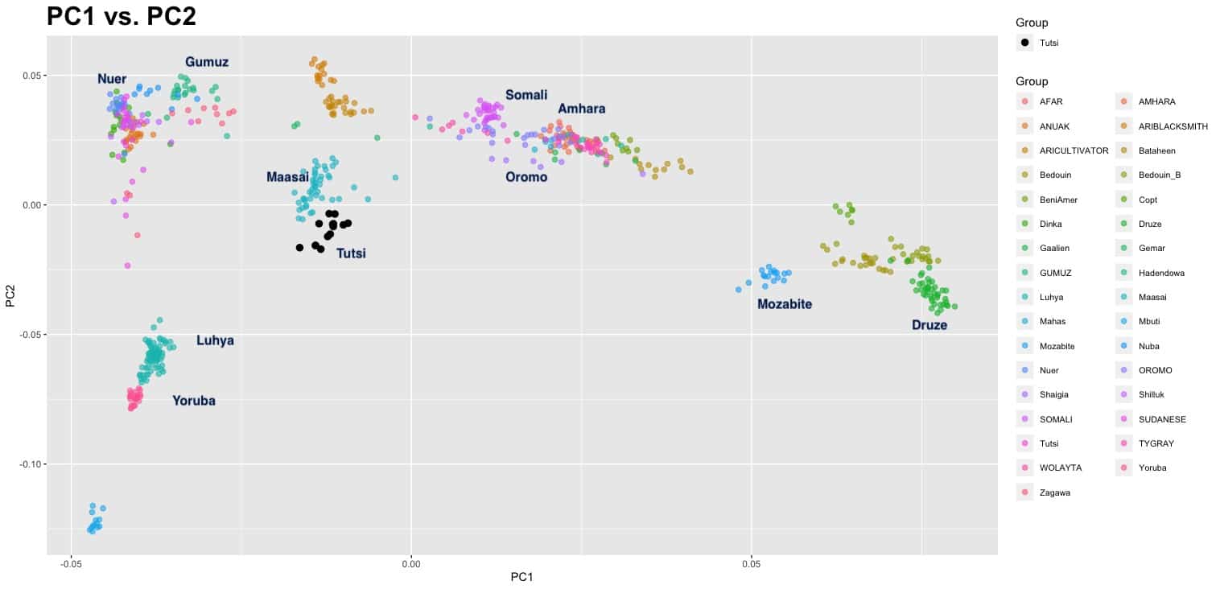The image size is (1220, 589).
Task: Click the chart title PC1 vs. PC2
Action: pyautogui.click(x=122, y=16)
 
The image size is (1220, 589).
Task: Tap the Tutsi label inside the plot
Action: pyautogui.click(x=351, y=253)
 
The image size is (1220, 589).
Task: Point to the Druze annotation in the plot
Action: pyautogui.click(x=929, y=325)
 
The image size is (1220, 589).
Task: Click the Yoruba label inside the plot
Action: pyautogui.click(x=194, y=401)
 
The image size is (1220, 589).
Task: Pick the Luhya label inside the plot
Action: pyautogui.click(x=215, y=340)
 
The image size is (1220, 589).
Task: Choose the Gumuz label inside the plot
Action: pyautogui.click(x=207, y=62)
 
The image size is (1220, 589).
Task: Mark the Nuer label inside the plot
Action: pyautogui.click(x=112, y=79)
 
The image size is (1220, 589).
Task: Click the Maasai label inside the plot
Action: pyautogui.click(x=287, y=177)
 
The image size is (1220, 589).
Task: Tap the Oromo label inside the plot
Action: pyautogui.click(x=526, y=177)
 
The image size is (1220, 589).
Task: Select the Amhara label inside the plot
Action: pyautogui.click(x=581, y=109)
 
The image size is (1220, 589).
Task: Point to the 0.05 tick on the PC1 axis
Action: pyautogui.click(x=751, y=562)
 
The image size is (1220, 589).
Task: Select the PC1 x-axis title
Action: pyautogui.click(x=522, y=578)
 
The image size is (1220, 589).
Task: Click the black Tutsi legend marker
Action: pyautogui.click(x=1024, y=43)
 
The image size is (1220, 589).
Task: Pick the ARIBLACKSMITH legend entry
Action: pyautogui.click(x=1173, y=126)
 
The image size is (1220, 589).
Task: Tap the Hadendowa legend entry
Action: pyautogui.click(x=1161, y=273)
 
